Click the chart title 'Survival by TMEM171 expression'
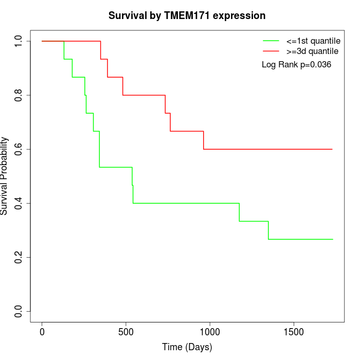tap(187, 16)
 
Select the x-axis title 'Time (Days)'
tap(187, 347)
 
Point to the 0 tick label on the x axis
tap(42, 332)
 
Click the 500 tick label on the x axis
tap(125, 332)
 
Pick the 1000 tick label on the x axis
tap(210, 332)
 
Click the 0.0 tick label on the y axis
tap(19, 311)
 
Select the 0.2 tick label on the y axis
tap(19, 257)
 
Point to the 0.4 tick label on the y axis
tap(19, 203)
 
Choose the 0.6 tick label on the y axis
tap(19, 149)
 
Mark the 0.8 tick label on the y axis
tap(19, 95)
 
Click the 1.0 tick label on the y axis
tap(19, 41)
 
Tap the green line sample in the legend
tap(271, 41)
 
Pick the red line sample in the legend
tap(271, 51)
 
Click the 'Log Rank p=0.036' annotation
tap(296, 65)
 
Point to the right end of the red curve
tap(332, 149)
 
